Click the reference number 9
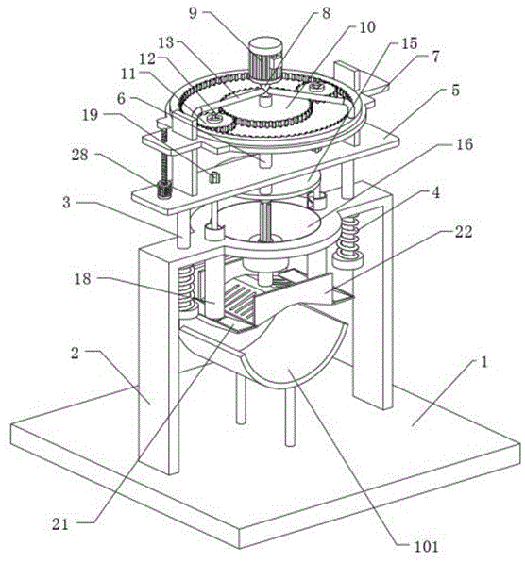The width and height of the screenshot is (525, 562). click(x=193, y=13)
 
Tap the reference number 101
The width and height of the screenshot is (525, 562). click(x=426, y=547)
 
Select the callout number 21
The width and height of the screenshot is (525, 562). click(x=59, y=524)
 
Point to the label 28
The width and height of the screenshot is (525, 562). click(x=79, y=155)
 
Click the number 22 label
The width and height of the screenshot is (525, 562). click(x=464, y=232)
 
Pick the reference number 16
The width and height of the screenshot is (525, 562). click(x=465, y=144)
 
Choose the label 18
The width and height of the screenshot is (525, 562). click(x=82, y=278)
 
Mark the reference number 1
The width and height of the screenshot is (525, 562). click(x=484, y=362)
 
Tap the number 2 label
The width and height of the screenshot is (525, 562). click(x=75, y=353)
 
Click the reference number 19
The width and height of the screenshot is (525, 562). click(x=90, y=115)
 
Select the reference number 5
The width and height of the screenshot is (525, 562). click(x=455, y=91)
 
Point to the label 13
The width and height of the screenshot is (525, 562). click(x=166, y=43)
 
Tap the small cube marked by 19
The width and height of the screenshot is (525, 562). click(x=214, y=177)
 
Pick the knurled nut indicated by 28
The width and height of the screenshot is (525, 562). click(x=164, y=190)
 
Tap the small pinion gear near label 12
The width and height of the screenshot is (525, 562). click(x=214, y=122)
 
